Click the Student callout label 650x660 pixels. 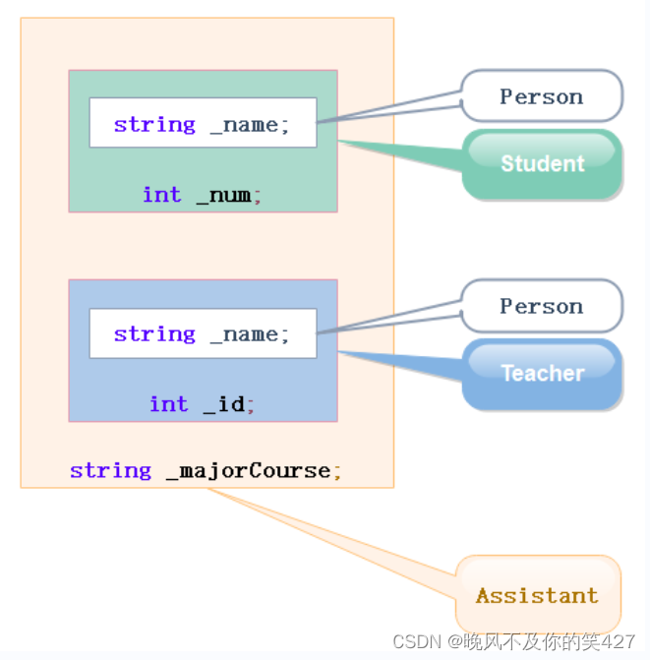tap(542, 163)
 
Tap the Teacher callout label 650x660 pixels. tap(542, 373)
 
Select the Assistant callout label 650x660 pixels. tap(537, 595)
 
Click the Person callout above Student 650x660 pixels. tap(541, 96)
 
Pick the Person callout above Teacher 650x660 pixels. tap(541, 306)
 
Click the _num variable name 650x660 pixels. tap(225, 195)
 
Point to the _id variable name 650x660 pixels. tap(225, 404)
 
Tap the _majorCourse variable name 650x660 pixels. tap(249, 471)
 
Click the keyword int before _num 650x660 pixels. tap(162, 195)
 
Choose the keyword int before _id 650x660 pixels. tap(169, 404)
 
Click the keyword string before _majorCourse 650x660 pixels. tap(110, 471)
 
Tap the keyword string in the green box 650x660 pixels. tap(154, 125)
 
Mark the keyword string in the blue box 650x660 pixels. tap(154, 334)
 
